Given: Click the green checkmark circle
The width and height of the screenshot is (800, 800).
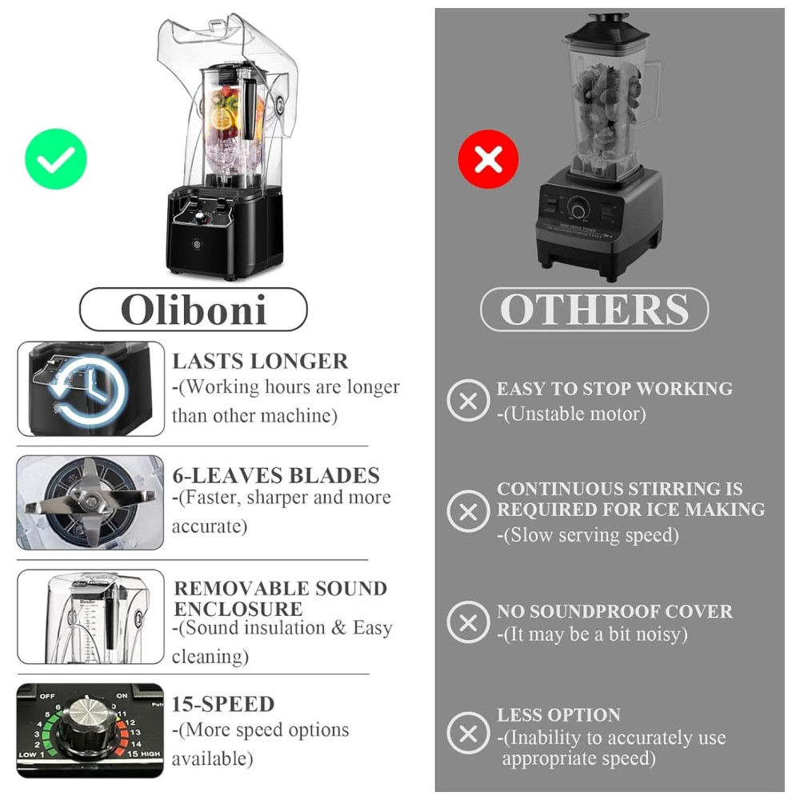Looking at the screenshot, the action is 56,158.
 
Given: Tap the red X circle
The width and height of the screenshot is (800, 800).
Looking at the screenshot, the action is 488,159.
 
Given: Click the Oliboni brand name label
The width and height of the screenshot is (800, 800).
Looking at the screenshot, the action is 194,310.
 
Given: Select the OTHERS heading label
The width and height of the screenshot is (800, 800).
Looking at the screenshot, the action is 594,309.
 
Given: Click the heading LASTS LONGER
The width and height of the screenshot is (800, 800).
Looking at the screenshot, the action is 260,362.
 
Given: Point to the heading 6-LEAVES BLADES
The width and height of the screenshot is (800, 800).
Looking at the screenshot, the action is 276,475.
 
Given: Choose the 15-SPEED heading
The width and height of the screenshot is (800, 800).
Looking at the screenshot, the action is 223,704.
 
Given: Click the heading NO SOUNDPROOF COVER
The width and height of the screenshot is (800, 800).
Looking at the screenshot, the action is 614,611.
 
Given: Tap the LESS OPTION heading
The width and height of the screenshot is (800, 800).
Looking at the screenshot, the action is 558,714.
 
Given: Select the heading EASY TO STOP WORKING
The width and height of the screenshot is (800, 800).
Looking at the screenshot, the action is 614,389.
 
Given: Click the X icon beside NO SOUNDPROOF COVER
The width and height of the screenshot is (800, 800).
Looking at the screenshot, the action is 468,622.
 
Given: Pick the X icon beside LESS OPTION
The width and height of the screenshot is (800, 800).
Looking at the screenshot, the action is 468,734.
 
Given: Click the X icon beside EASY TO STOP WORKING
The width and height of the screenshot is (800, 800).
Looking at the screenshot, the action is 468,401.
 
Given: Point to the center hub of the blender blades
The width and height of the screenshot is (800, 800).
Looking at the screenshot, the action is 91,502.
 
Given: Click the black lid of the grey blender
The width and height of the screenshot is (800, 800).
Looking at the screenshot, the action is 606,30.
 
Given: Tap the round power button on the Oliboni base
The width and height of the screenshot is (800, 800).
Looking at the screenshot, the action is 198,245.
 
